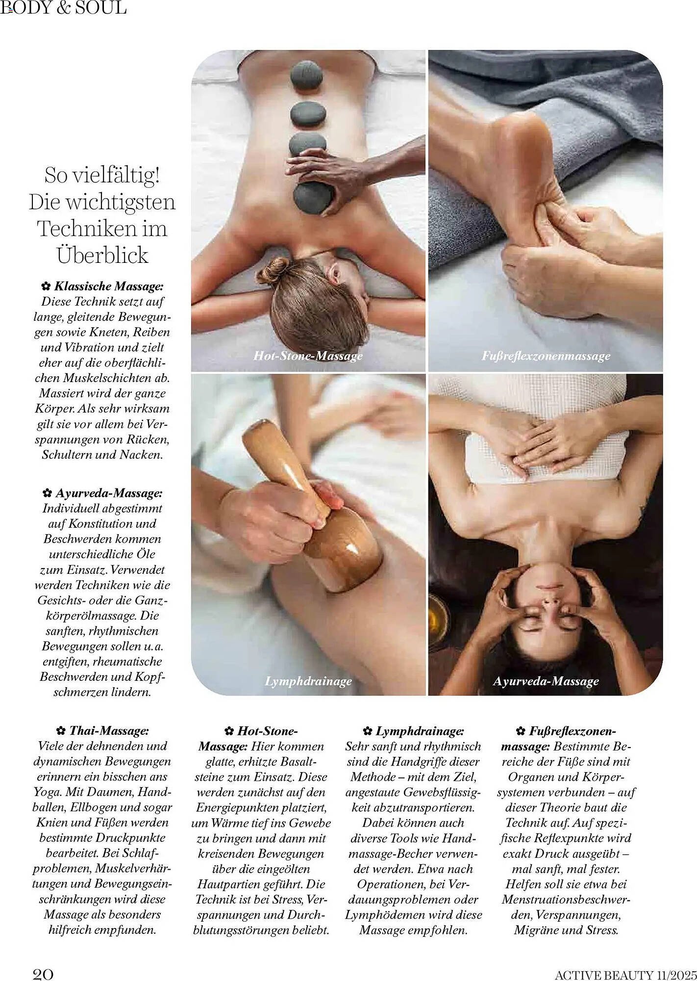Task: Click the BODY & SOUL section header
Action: coord(63,8)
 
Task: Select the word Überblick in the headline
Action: coord(102,255)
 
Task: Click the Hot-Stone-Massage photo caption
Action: coord(308,356)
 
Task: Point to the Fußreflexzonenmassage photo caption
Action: coord(546,356)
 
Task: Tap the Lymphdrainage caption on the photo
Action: coord(308,681)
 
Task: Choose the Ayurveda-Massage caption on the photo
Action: coord(546,681)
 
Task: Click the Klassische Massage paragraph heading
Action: coord(108,286)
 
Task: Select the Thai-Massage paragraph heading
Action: coord(109,731)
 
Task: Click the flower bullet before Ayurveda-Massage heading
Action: coord(47,493)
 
